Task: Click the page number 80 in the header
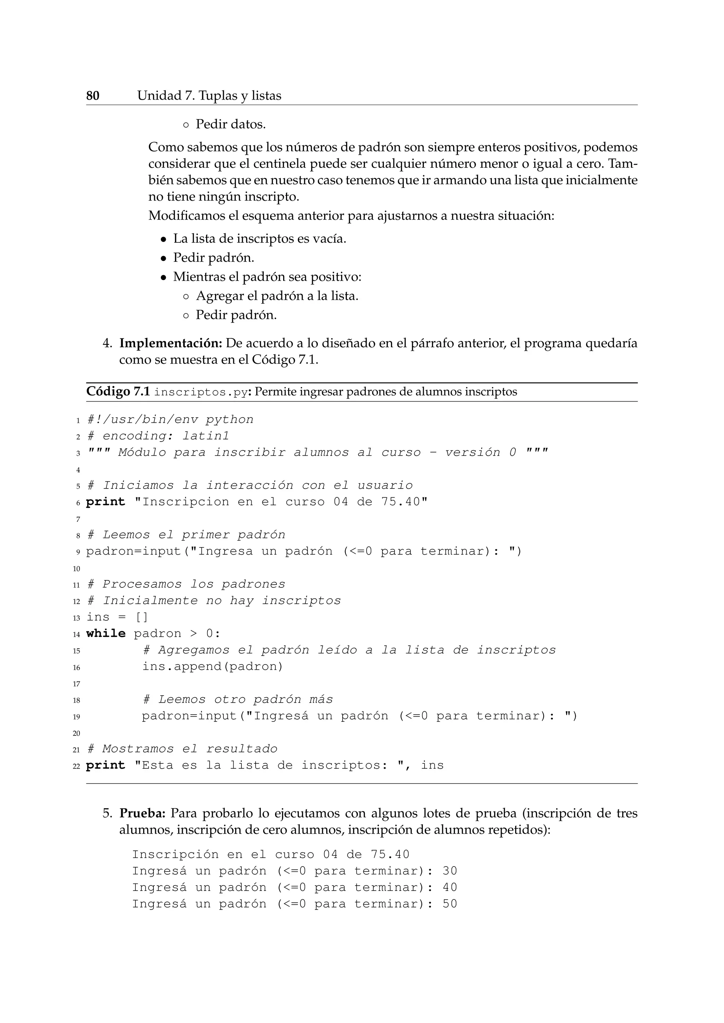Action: coord(93,96)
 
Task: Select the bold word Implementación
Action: coord(170,343)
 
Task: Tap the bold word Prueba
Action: coord(142,814)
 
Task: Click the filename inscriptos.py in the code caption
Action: coord(200,392)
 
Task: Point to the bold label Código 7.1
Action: coord(118,392)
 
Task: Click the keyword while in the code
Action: coord(106,634)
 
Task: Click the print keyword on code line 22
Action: coord(106,765)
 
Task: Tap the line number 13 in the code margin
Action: coord(77,618)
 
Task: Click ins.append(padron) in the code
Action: coord(213,667)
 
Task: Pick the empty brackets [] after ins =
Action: coord(142,617)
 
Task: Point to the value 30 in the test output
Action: coord(450,871)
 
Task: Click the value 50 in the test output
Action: coord(450,904)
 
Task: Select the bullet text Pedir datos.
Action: coord(230,124)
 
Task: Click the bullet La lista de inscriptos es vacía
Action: coord(259,239)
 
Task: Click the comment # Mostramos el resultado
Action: coord(182,749)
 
